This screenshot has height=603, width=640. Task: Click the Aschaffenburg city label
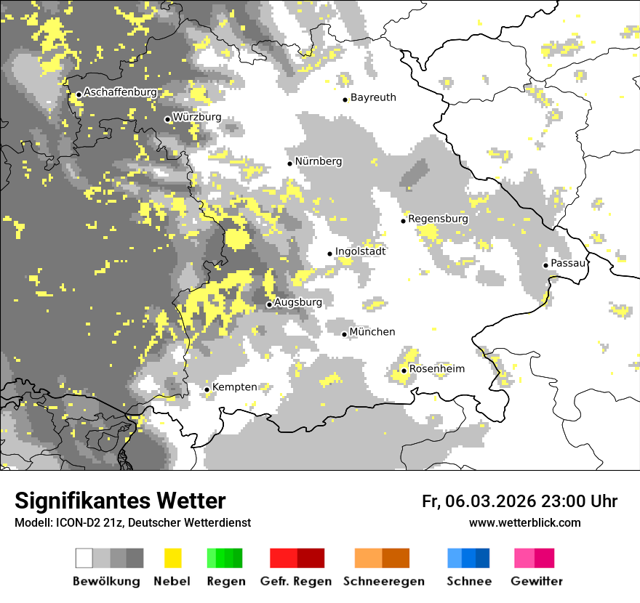pos(120,92)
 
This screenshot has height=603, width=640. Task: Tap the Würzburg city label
pos(197,117)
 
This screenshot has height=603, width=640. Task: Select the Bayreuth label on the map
pos(373,97)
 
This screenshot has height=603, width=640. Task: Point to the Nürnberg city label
pos(319,161)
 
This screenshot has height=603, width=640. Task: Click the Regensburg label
pos(438,219)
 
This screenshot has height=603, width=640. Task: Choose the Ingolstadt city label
pos(361,251)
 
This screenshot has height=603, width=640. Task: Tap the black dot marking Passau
pos(545,265)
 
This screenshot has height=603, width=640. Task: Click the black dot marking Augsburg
pos(269,304)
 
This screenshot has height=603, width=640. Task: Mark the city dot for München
pos(345,334)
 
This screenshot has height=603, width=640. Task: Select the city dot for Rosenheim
pos(404,371)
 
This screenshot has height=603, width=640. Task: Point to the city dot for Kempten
pos(207,389)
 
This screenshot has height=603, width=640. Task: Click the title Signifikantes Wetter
pos(120,501)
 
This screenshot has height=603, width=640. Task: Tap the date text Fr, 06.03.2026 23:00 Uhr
pos(519,501)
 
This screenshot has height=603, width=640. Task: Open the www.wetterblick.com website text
pos(524,522)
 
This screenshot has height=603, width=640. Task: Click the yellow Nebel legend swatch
pos(173,558)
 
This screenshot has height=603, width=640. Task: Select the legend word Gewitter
pos(537,581)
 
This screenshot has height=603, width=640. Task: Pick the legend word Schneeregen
pos(384,581)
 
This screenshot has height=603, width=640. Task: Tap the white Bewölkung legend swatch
pos(84,558)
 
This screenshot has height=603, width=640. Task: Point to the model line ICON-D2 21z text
pos(132,522)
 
